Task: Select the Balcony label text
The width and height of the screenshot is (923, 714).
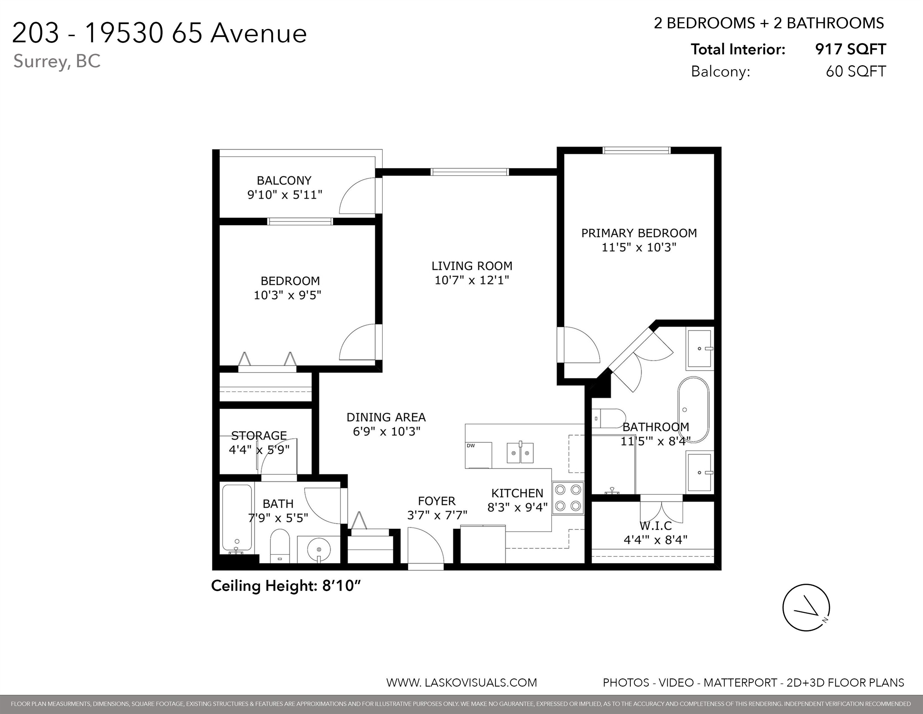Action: pos(284,181)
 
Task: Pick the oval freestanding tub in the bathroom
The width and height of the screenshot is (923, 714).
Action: pos(693,409)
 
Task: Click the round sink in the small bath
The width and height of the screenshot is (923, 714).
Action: pos(318,550)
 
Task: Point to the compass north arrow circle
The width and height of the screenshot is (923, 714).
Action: pos(806,607)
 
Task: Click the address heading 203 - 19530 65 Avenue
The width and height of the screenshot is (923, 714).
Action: pos(160,33)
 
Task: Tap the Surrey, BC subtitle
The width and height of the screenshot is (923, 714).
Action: pos(57,61)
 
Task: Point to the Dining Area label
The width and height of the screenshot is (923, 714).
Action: pos(386,417)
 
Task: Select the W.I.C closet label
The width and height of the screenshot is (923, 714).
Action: pos(655,526)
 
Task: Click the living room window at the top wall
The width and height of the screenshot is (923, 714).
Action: pos(469,172)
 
